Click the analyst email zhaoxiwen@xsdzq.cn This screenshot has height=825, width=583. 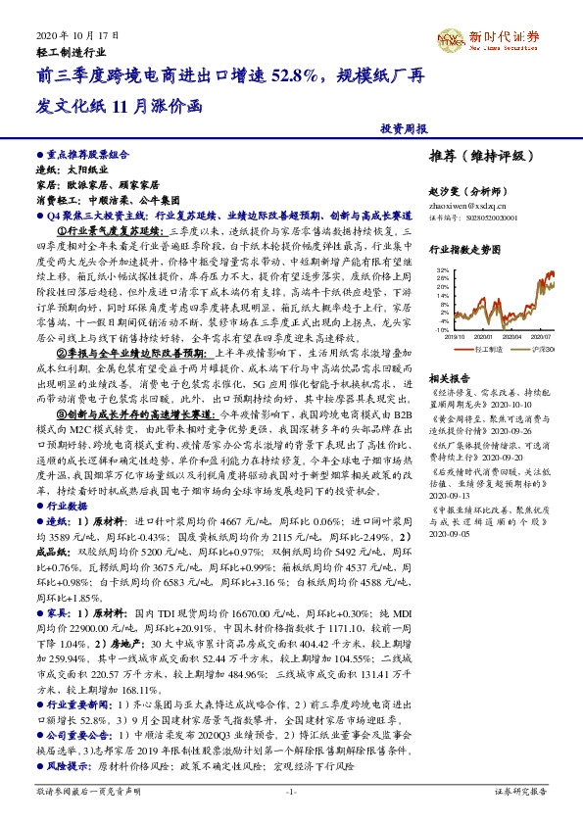pyautogui.click(x=465, y=206)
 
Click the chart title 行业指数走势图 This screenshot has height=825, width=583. pyautogui.click(x=465, y=251)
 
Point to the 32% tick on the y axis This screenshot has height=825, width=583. pyautogui.click(x=442, y=268)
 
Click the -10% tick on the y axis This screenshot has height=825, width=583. pyautogui.click(x=441, y=331)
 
